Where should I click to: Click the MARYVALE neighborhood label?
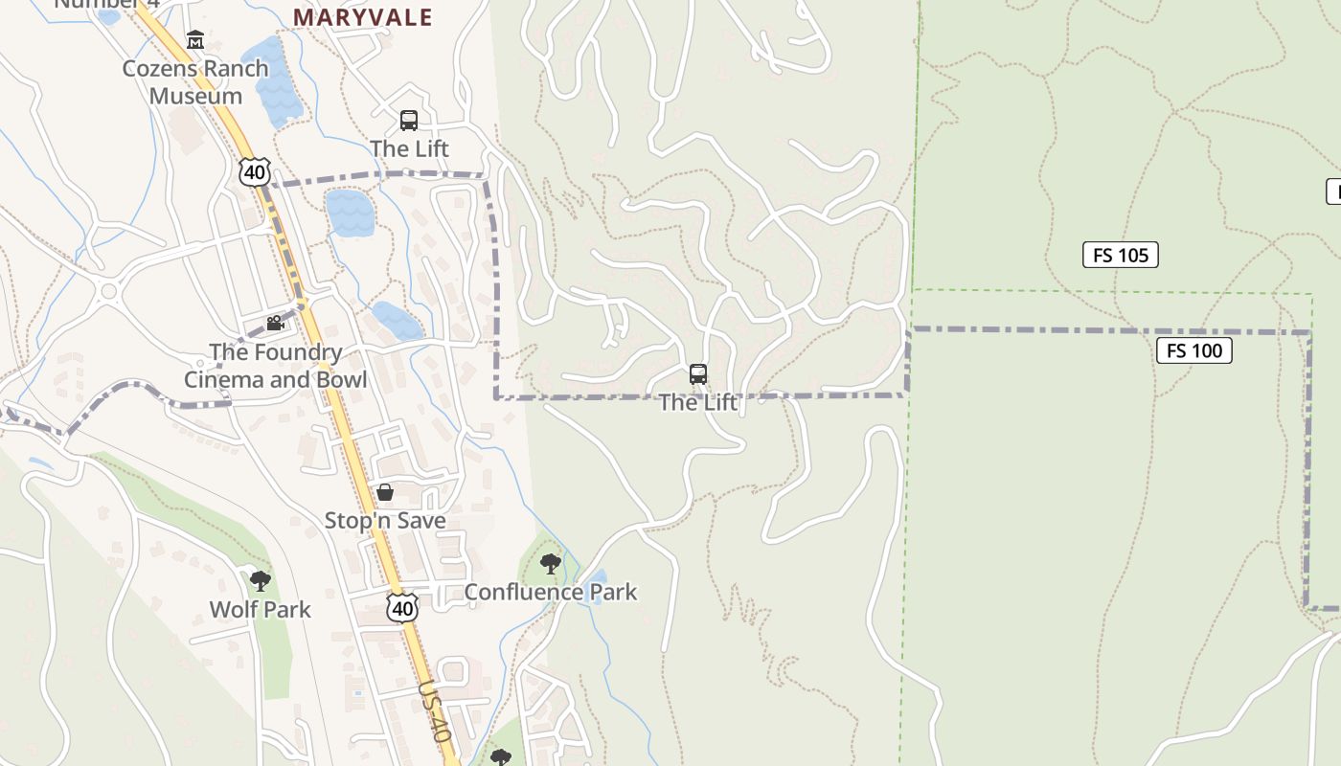[x=362, y=17]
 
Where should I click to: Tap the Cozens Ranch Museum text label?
[x=195, y=81]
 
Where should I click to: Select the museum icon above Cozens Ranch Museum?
[x=195, y=39]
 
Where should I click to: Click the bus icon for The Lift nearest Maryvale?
[x=409, y=121]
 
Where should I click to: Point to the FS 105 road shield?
[x=1120, y=255]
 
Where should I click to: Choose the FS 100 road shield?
[x=1194, y=350]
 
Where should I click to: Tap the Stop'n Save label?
[x=385, y=520]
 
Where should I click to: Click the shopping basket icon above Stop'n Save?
[x=385, y=492]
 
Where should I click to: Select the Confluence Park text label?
[x=550, y=592]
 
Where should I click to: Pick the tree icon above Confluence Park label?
[x=550, y=563]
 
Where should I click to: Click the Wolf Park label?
[x=260, y=609]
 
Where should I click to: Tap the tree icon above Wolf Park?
[x=260, y=580]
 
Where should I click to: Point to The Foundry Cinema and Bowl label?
[x=275, y=365]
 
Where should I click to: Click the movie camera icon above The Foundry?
[x=275, y=323]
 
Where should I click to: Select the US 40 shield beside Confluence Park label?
[x=403, y=608]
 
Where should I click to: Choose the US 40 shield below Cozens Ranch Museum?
[x=254, y=172]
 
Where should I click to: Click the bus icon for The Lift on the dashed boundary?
[x=698, y=374]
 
